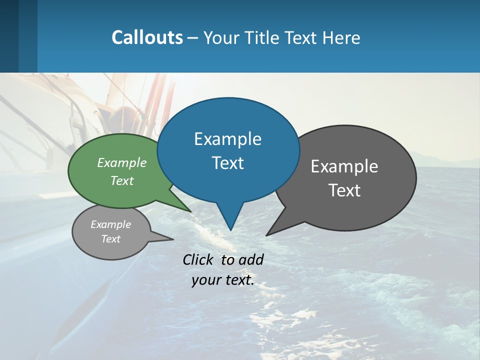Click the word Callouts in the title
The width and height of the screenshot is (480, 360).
click(x=147, y=37)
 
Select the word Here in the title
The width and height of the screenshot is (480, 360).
click(x=342, y=37)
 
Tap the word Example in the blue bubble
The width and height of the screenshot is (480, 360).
click(x=227, y=139)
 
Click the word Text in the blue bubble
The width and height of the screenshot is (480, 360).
click(x=227, y=163)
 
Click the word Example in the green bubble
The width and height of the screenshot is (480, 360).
click(x=122, y=162)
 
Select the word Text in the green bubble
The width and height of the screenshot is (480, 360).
click(x=122, y=180)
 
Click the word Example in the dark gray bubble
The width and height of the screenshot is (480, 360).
click(x=344, y=166)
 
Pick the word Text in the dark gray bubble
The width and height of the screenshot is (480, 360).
click(x=344, y=190)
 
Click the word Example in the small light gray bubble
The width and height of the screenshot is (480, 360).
click(x=110, y=224)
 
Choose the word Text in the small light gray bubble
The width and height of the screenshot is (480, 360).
click(x=110, y=239)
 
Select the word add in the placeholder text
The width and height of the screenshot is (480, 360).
click(x=250, y=259)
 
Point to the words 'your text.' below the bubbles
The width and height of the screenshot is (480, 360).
click(x=223, y=280)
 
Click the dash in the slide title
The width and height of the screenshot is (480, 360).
click(x=193, y=37)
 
